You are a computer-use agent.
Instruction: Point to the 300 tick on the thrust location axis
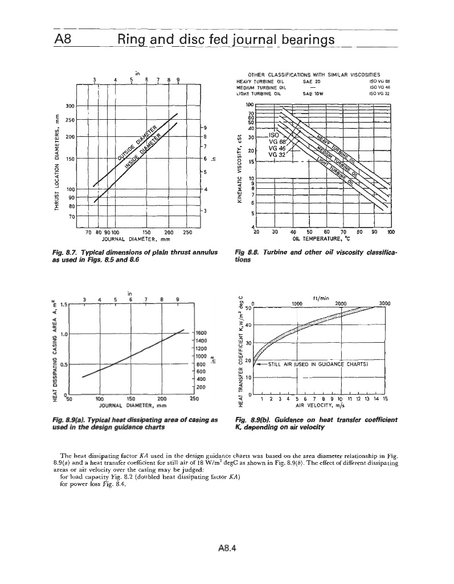coord(71,106)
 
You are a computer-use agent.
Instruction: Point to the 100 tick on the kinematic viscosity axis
coord(249,104)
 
